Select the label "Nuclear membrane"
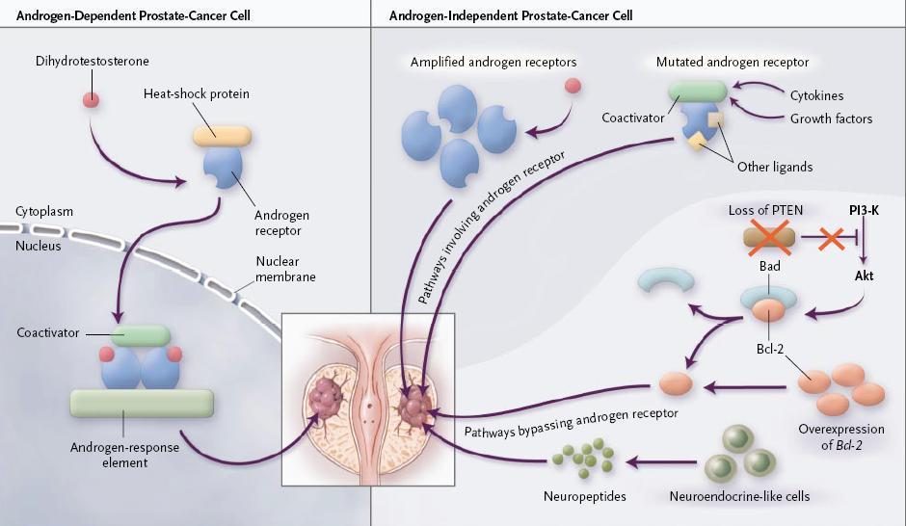(x=285, y=270)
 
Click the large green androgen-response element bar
(x=141, y=403)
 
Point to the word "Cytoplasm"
(x=44, y=211)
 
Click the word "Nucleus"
(x=39, y=246)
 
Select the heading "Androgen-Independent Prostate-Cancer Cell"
(x=511, y=16)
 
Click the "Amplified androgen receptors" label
(x=493, y=63)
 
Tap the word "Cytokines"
(x=817, y=96)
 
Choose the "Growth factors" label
(x=831, y=118)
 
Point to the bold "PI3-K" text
(x=866, y=208)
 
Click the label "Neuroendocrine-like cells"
(x=739, y=497)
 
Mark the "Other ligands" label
(x=774, y=167)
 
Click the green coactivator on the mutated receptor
(x=698, y=92)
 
